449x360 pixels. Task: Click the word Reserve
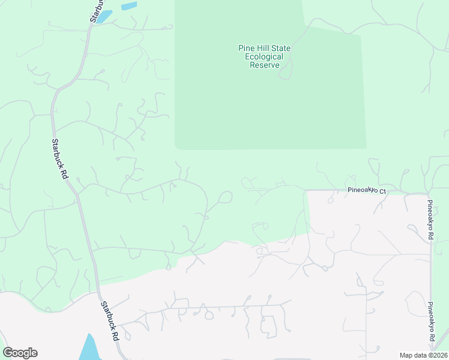[x=265, y=65]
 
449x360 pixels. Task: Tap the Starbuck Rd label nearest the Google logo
[x=109, y=321]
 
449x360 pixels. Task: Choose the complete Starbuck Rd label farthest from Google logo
[x=59, y=160]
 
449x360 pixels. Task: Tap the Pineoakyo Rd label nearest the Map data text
[x=430, y=322]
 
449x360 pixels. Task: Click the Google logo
[x=20, y=353]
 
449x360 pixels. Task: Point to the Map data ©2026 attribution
[x=423, y=355]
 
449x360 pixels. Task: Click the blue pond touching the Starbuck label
[x=105, y=16]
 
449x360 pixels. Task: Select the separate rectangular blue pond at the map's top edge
[x=128, y=7]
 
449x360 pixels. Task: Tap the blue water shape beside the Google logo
[x=89, y=348]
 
